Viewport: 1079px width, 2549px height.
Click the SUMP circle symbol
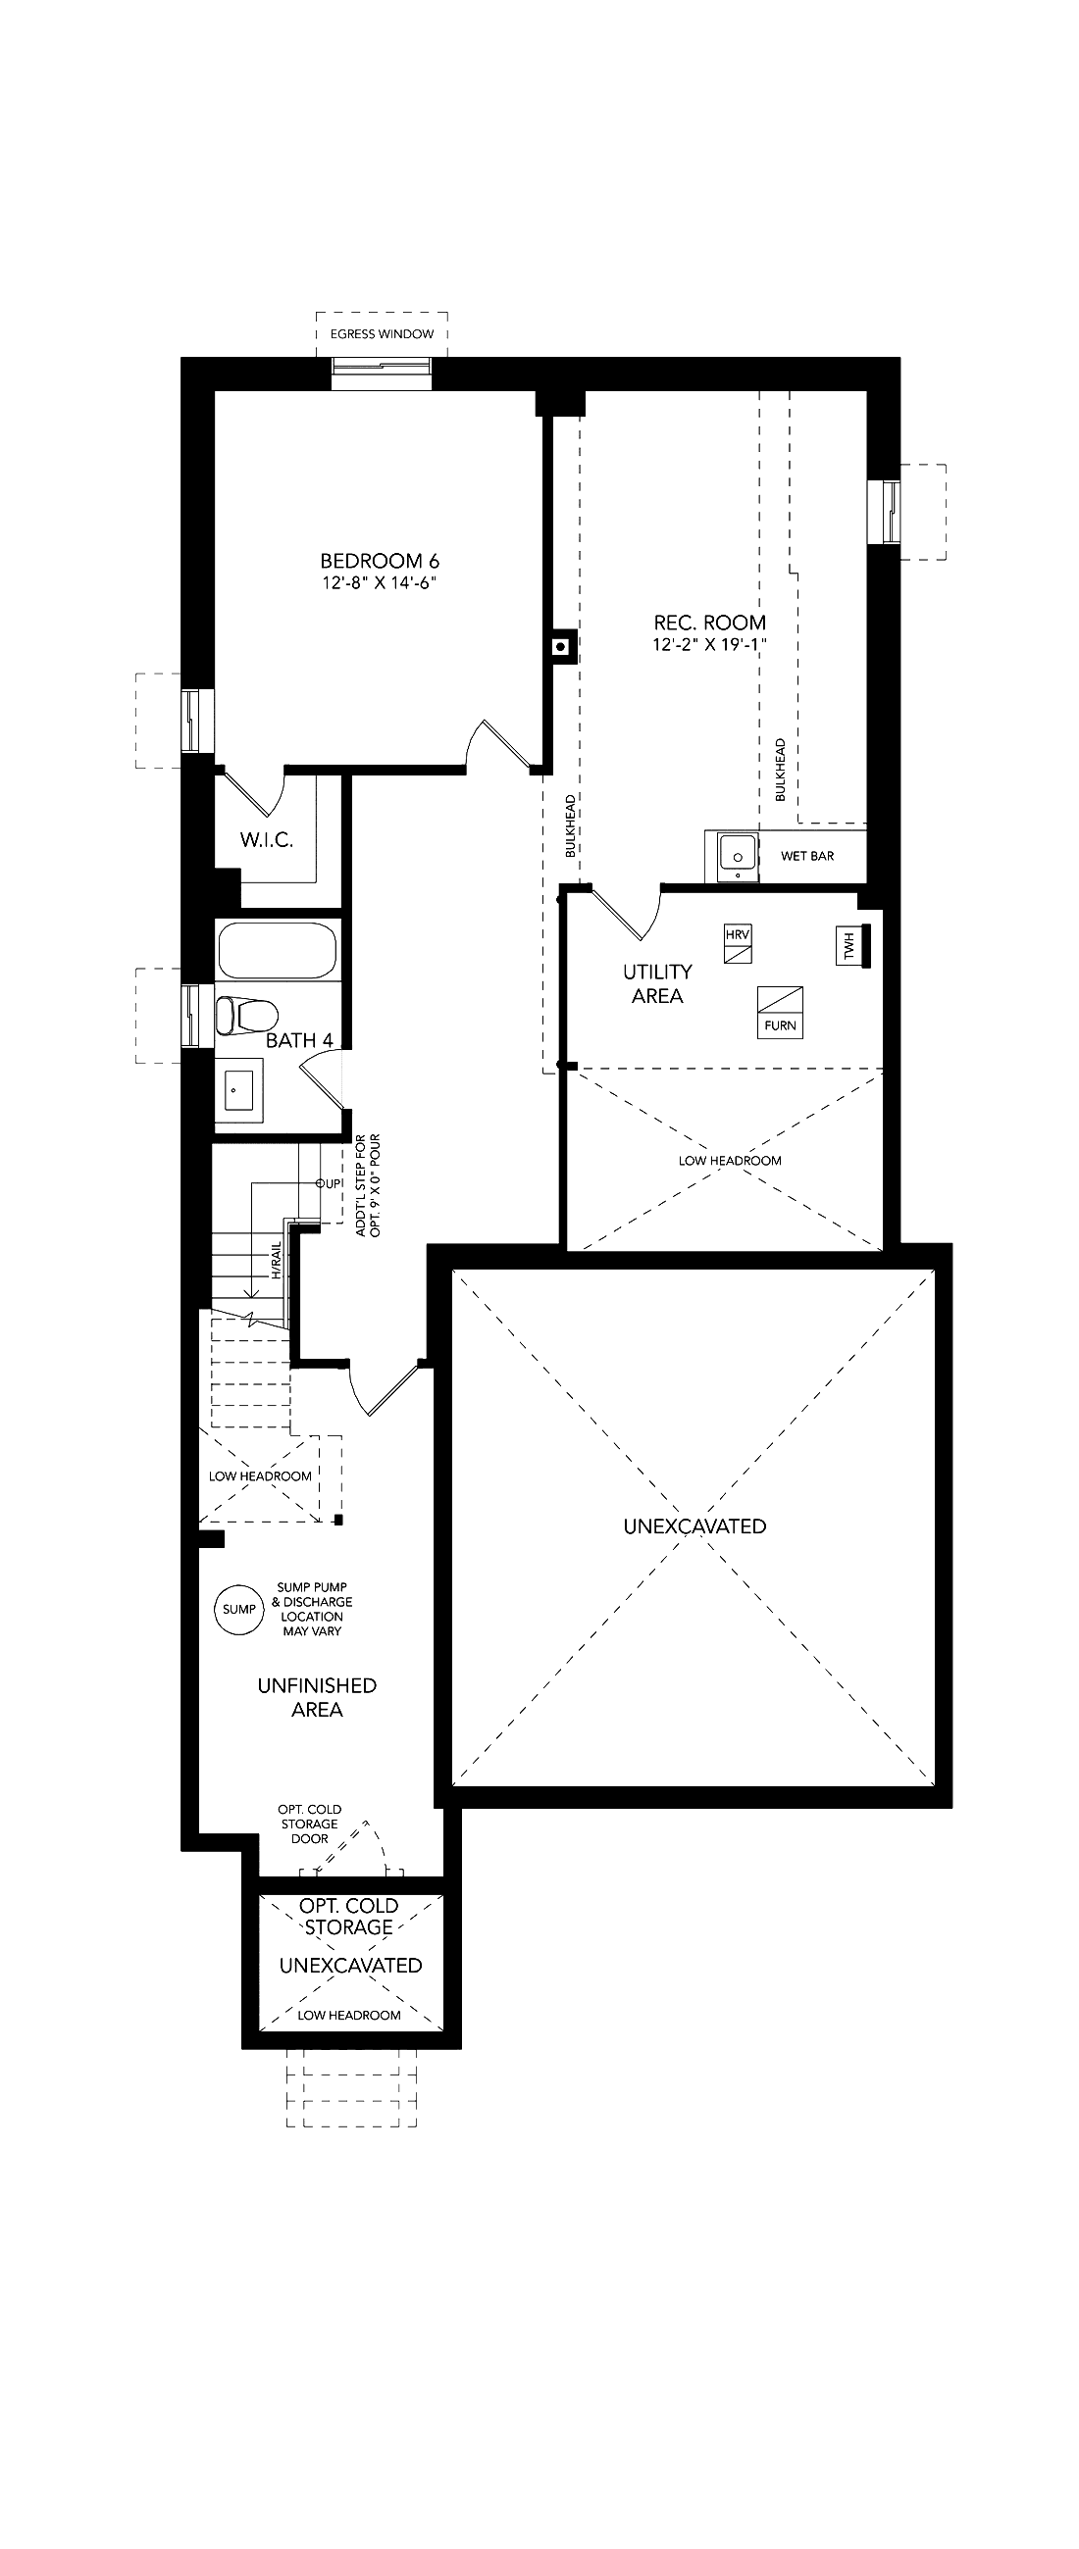238,1609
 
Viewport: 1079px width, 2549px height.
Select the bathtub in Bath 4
278,951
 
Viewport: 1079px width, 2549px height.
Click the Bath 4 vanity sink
239,1088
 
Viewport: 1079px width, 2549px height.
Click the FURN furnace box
780,1013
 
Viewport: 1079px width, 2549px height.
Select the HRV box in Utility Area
738,944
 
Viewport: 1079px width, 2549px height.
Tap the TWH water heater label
848,946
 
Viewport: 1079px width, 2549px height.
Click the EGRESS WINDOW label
383,333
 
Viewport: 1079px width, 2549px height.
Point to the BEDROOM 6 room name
380,562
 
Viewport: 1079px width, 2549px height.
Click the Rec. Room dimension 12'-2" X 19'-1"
710,645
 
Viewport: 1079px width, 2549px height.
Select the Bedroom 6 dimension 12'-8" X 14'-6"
380,583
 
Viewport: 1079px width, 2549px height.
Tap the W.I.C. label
266,840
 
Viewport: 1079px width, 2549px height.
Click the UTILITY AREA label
657,983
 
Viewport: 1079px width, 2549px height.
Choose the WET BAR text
806,856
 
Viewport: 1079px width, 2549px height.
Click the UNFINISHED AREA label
317,1697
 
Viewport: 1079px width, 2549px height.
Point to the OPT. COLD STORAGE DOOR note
310,1824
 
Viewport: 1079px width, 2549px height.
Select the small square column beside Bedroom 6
561,647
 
